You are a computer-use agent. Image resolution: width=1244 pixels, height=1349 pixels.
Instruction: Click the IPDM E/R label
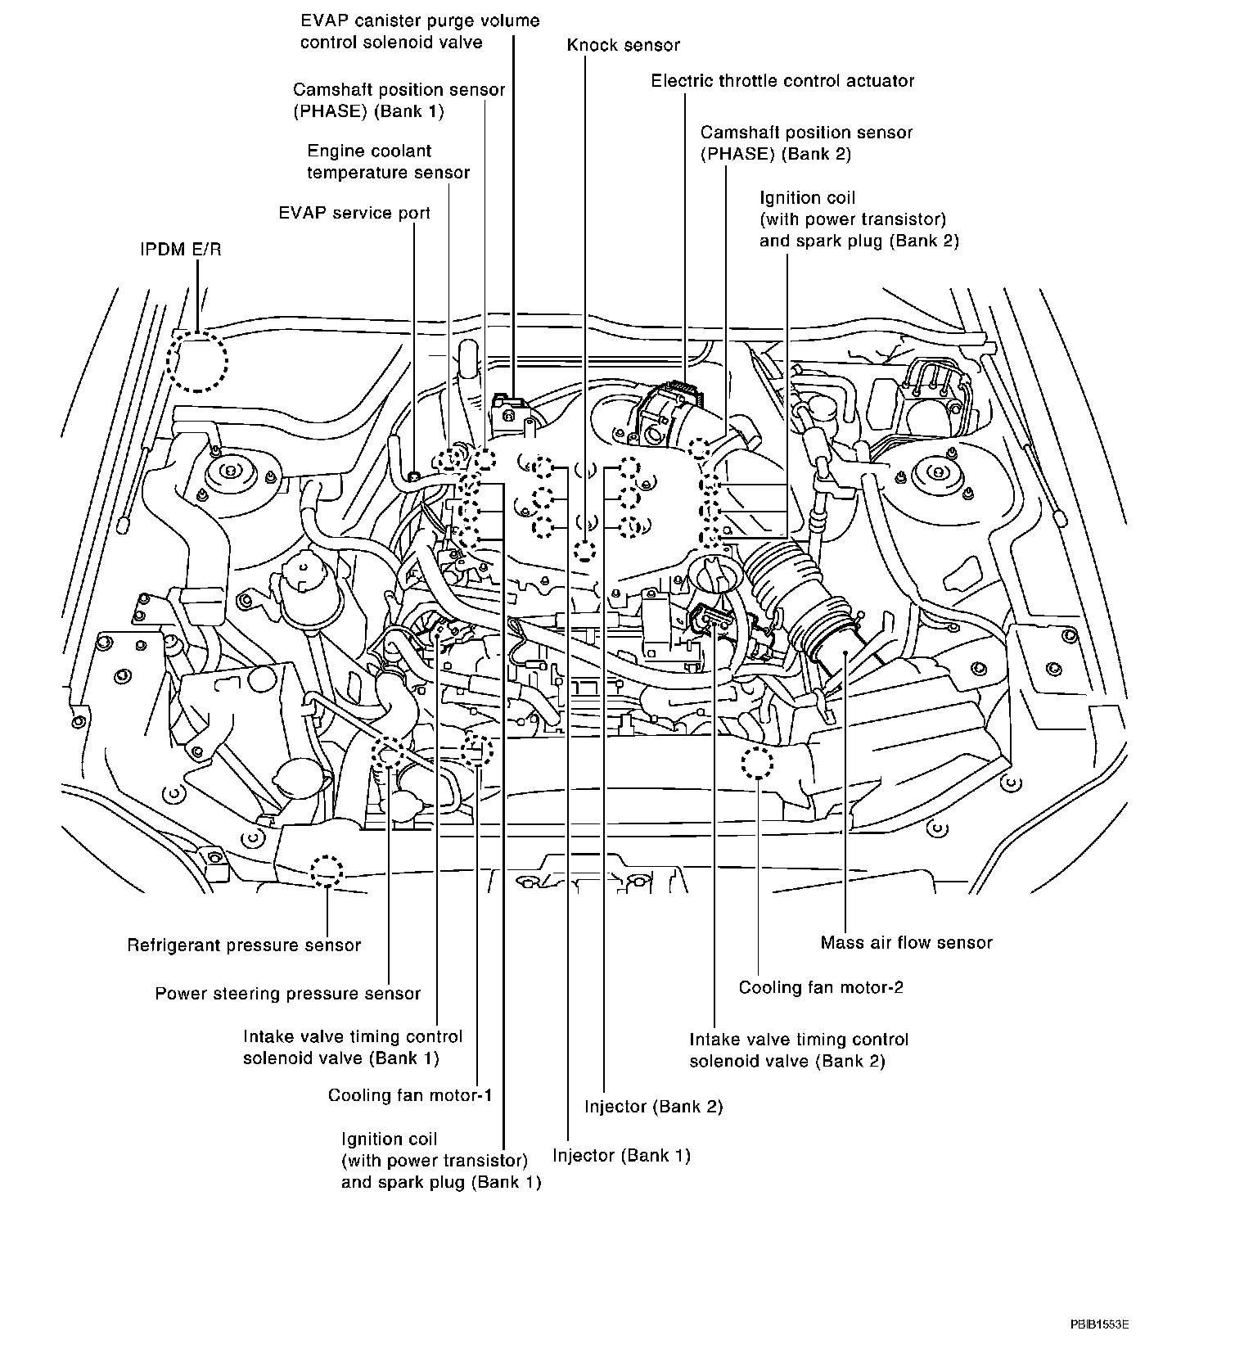click(x=180, y=250)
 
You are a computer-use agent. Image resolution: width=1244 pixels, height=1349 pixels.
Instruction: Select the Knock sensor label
click(x=623, y=45)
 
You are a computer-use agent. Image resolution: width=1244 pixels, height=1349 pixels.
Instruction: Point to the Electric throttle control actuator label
click(x=782, y=81)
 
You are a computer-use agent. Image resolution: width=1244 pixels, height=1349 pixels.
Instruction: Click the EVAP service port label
click(x=354, y=213)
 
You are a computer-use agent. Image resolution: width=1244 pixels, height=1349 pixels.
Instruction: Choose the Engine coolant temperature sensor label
click(x=388, y=161)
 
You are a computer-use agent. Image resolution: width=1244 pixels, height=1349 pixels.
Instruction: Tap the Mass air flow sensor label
click(x=906, y=942)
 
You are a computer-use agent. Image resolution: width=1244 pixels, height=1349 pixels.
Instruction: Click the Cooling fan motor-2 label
click(x=821, y=987)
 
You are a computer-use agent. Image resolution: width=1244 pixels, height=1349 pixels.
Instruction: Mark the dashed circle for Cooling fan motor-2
click(x=757, y=763)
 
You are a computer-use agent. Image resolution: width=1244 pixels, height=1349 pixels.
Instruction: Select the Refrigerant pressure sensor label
click(x=244, y=945)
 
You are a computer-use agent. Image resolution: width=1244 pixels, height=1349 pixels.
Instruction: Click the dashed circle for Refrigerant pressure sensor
click(x=327, y=871)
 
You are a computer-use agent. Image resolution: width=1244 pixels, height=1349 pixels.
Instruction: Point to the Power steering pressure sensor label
click(x=287, y=994)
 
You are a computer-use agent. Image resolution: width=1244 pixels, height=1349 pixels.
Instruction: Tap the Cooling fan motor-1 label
click(x=410, y=1095)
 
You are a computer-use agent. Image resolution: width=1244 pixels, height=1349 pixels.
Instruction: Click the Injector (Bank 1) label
click(x=621, y=1156)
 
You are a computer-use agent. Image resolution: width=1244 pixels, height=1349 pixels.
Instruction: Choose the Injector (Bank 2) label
click(x=654, y=1107)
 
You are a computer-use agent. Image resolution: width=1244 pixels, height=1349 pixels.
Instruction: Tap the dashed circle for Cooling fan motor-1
click(x=477, y=750)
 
